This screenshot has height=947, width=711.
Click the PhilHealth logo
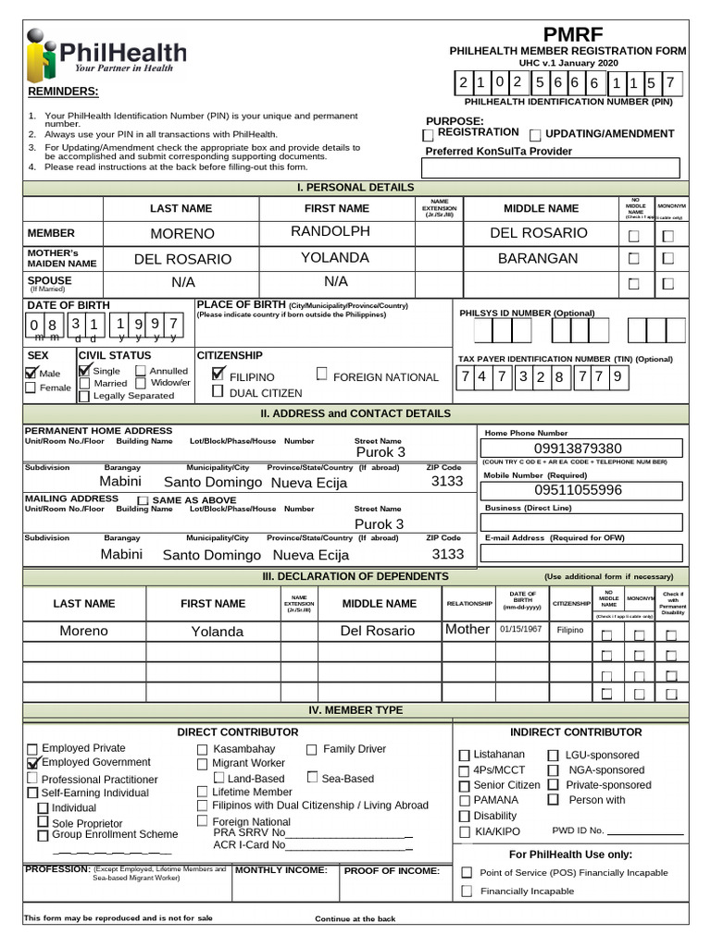tap(106, 55)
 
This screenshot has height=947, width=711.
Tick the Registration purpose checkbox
tap(428, 136)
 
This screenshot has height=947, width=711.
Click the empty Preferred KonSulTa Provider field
tap(550, 168)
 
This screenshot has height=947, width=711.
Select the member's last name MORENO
tap(182, 234)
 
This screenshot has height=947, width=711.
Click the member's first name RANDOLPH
tap(330, 231)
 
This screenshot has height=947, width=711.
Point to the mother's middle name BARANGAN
tap(537, 258)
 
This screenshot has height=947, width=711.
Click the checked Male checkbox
tap(31, 373)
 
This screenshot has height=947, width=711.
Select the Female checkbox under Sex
tap(31, 388)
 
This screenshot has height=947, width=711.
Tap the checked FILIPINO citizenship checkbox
tap(218, 375)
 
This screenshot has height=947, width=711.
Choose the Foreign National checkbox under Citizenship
tap(321, 375)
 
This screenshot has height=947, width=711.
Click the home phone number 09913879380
tap(579, 449)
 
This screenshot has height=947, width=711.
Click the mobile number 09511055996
tap(579, 490)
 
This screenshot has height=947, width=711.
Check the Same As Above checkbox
tap(143, 500)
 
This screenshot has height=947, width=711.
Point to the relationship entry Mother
tap(468, 629)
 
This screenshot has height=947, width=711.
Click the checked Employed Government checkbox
tap(33, 763)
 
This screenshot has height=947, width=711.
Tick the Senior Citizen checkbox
tap(465, 785)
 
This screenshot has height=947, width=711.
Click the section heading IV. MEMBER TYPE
tap(355, 710)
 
